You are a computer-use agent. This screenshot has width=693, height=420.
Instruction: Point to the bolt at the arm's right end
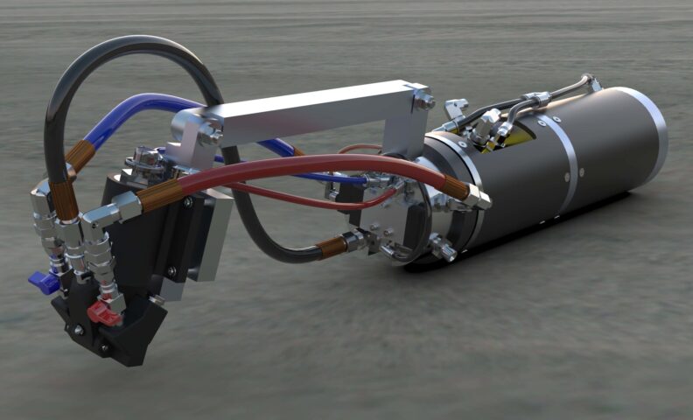[425, 101]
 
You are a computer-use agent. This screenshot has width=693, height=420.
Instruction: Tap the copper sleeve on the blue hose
[80, 155]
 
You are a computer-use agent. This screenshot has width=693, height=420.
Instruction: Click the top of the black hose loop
[140, 42]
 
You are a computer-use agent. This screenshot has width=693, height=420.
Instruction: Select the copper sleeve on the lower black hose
[331, 247]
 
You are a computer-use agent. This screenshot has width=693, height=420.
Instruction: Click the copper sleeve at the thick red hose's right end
[454, 187]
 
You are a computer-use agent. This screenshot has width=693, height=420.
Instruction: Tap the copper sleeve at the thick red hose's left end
[158, 198]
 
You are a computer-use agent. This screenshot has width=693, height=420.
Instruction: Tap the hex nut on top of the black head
[145, 158]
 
